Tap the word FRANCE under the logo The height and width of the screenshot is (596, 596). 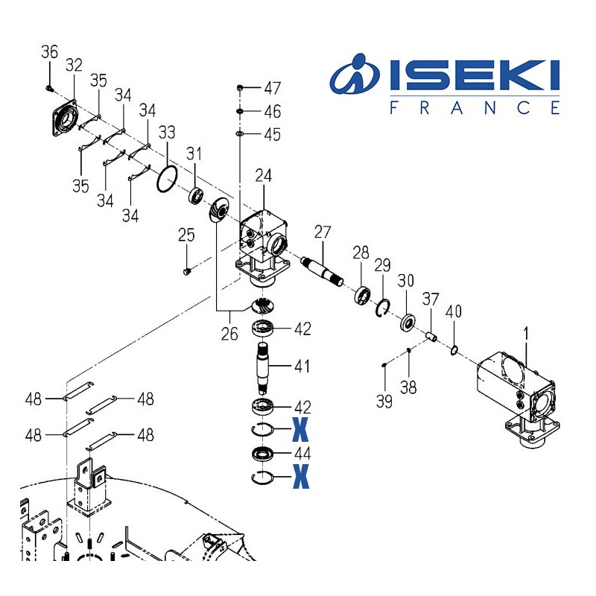point(475,108)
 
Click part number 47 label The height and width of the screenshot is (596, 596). point(273,89)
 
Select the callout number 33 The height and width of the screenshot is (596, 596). point(168,133)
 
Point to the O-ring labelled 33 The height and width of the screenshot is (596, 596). point(167,178)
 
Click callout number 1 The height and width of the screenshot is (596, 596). point(526,336)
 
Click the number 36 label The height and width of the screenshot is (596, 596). point(49,52)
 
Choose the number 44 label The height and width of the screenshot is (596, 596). point(302,453)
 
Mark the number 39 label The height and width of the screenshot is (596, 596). point(384,402)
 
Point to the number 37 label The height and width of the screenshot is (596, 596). point(431,299)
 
